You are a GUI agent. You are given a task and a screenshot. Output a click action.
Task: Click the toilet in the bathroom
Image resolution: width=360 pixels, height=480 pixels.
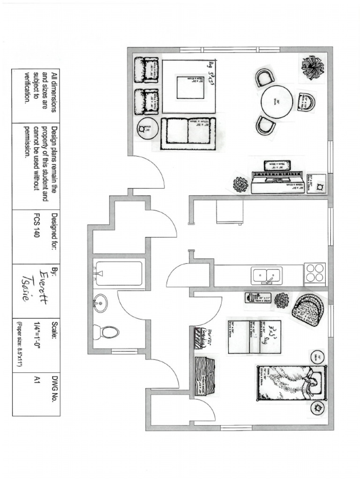pos(107,332)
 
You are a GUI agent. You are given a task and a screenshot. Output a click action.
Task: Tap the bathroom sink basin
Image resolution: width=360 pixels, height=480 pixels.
pos(99,304)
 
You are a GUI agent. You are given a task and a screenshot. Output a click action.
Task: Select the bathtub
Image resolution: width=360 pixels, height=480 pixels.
pos(120,273)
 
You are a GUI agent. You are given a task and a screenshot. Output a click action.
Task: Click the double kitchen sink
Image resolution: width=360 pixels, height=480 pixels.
pos(267,275)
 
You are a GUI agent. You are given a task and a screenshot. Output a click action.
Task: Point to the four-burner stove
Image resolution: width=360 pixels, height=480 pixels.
pos(315,273)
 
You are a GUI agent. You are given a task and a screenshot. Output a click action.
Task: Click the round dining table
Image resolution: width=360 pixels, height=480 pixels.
pos(277,102)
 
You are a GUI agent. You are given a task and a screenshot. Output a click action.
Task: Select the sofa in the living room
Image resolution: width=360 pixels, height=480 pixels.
pos(188,134)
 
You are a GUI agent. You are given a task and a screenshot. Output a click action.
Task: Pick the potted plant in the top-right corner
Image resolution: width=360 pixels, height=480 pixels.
pos(312,67)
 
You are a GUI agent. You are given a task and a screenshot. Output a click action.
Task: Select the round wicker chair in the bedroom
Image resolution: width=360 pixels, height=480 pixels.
pos(308,309)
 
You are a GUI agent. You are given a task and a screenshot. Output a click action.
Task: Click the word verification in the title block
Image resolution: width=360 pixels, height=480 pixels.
pos(27,88)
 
